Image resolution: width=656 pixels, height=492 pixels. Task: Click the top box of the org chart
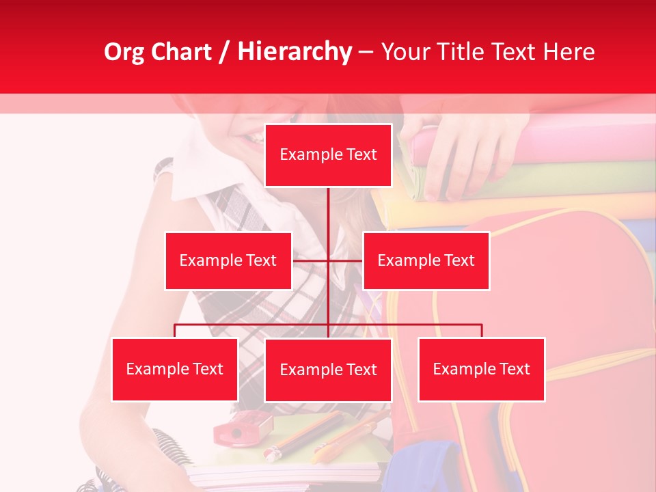pos(328,155)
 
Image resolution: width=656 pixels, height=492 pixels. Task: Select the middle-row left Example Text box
pos(228,260)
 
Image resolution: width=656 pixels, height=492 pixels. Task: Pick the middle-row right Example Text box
pos(426,260)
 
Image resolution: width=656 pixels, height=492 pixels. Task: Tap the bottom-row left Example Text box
pos(175,369)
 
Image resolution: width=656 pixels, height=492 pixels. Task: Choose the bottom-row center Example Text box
pos(328,370)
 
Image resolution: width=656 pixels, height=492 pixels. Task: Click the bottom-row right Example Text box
pos(481,369)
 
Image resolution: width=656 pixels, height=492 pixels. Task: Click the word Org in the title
pos(123,52)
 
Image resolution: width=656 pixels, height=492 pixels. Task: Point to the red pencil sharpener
pos(236,429)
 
